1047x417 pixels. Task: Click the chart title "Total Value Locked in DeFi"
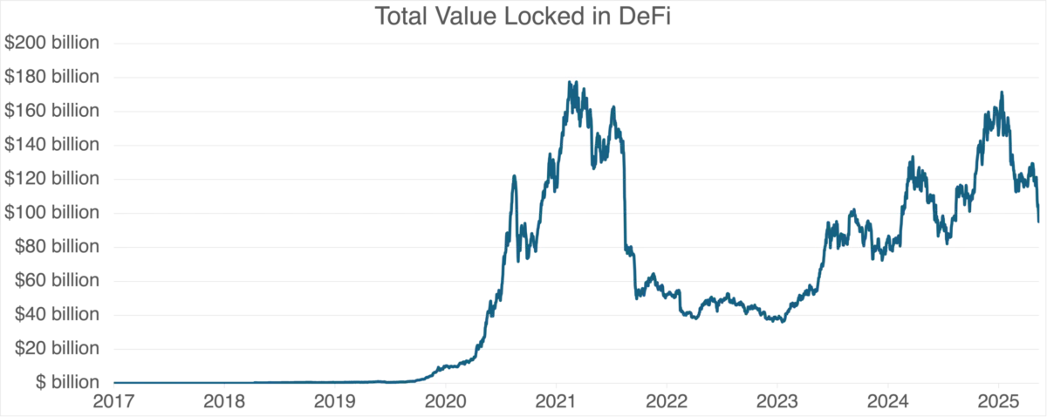click(x=523, y=17)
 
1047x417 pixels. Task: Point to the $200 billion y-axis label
click(x=51, y=43)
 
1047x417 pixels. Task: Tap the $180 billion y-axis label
click(x=51, y=77)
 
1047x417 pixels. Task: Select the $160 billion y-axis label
click(x=51, y=111)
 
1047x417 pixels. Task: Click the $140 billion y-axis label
click(x=51, y=145)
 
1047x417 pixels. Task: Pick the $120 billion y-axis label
click(x=51, y=179)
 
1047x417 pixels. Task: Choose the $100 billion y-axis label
click(x=51, y=213)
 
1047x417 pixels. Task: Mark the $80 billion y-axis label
click(x=57, y=246)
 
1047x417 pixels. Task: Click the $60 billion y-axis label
click(x=57, y=281)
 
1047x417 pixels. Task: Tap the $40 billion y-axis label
click(x=57, y=314)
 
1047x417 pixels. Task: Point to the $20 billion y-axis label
click(x=57, y=348)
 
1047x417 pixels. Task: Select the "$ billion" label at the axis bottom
click(x=68, y=382)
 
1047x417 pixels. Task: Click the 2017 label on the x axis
click(x=114, y=401)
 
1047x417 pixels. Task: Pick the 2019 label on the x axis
click(x=335, y=401)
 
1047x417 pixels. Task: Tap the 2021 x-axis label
click(x=557, y=401)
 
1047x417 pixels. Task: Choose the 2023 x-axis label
click(x=777, y=401)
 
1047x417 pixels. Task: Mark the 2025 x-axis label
click(x=998, y=401)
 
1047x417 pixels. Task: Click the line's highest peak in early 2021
click(x=569, y=82)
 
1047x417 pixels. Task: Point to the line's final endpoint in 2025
click(x=1038, y=222)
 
